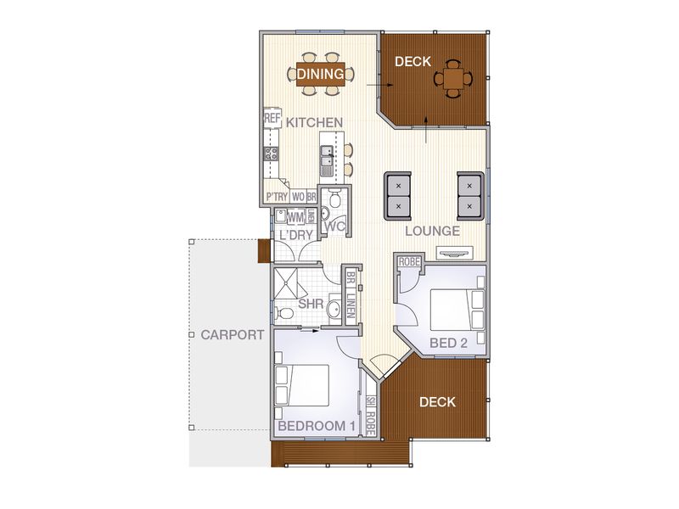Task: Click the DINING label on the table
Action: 321,75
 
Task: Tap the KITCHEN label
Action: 314,123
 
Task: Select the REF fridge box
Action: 272,119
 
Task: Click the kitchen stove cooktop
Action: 272,154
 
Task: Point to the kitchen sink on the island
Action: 326,156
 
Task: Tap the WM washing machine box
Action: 295,216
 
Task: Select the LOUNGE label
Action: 433,231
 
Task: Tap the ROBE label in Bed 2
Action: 409,261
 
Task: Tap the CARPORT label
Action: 232,335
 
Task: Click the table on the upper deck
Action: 454,78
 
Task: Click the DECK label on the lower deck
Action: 438,402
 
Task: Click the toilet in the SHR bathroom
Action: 286,314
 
